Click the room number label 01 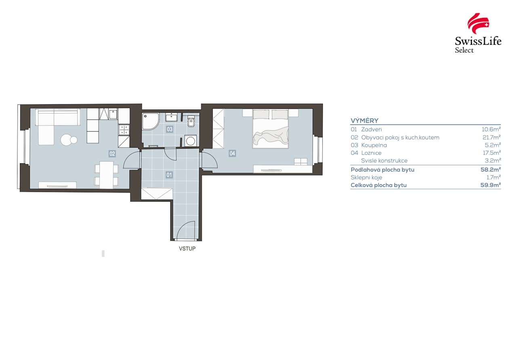[169, 175]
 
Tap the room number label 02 [112, 154]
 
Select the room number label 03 [170, 129]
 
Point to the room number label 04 [232, 153]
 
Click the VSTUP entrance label [187, 249]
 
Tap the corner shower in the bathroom [150, 121]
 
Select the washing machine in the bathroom [191, 141]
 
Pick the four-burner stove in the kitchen [124, 130]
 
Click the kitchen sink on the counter [113, 114]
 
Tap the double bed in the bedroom [271, 129]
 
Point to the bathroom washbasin [171, 117]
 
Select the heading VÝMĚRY [364, 121]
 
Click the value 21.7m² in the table [492, 138]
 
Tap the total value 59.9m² [491, 185]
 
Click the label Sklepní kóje [366, 177]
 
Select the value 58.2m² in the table [491, 170]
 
